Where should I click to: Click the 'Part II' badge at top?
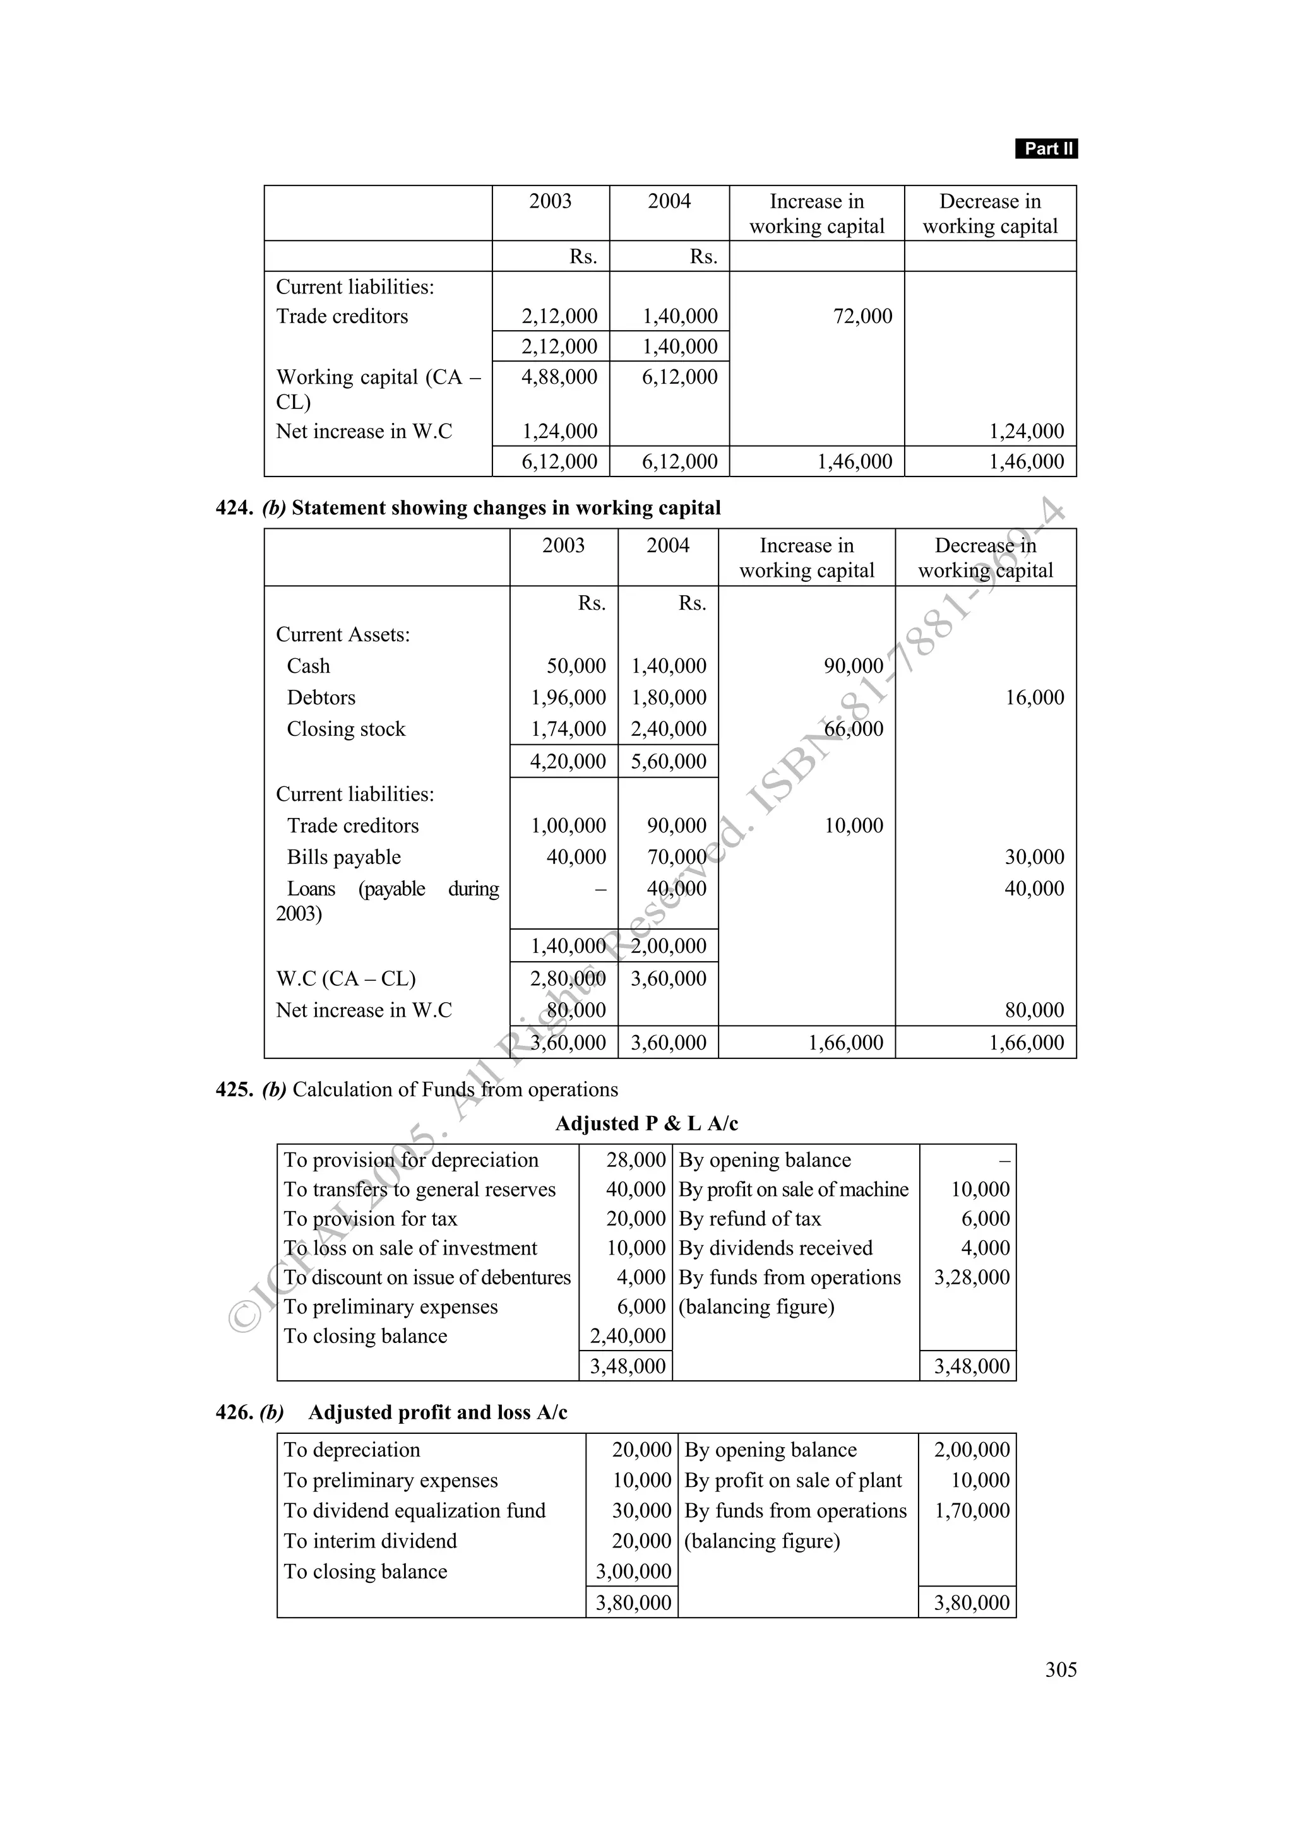click(1046, 148)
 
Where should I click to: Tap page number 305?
click(1061, 1669)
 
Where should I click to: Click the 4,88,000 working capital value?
click(559, 377)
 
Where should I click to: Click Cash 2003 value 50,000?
click(576, 666)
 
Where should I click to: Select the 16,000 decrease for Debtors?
click(1034, 698)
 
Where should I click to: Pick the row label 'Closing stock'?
click(346, 729)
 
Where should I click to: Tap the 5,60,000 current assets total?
click(669, 762)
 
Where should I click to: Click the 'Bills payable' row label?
click(343, 857)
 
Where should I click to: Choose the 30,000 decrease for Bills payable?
click(1034, 857)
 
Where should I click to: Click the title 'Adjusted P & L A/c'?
click(646, 1123)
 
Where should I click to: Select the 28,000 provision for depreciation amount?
click(635, 1160)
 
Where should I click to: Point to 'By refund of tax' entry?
click(749, 1219)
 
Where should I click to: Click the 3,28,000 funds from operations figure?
click(971, 1278)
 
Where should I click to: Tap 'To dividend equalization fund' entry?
click(414, 1510)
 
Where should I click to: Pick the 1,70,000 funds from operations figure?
click(971, 1510)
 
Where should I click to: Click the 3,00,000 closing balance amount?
click(633, 1572)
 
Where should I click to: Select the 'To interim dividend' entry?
click(370, 1541)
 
